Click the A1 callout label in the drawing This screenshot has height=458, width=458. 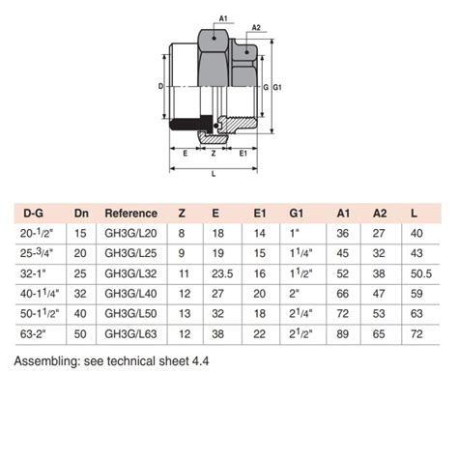224,18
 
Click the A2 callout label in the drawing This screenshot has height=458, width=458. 256,28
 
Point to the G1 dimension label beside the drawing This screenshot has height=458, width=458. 277,88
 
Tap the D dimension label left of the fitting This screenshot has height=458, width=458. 160,86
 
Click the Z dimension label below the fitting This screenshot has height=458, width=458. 214,152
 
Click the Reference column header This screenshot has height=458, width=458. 130,213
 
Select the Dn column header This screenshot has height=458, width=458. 81,213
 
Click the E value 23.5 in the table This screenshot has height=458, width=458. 219,272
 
